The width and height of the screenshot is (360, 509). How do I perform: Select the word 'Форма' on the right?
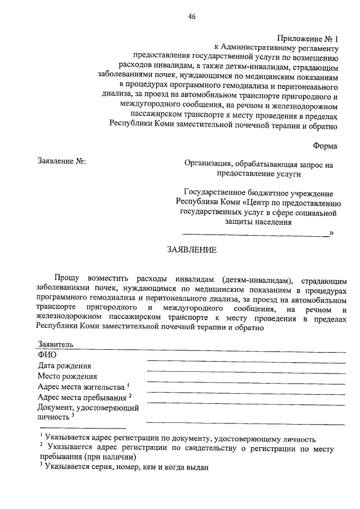[x=325, y=146]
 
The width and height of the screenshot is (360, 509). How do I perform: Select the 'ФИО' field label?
[x=47, y=355]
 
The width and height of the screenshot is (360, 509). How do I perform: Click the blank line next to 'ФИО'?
[x=245, y=360]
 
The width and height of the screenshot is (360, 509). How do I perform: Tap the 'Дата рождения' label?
[x=65, y=366]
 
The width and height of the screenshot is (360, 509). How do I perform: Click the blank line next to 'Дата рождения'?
[x=245, y=371]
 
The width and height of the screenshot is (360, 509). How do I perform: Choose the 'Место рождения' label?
[x=67, y=376]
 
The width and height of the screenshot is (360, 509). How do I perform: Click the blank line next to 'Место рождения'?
[x=245, y=381]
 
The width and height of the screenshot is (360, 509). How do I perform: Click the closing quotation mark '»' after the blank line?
[x=331, y=232]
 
